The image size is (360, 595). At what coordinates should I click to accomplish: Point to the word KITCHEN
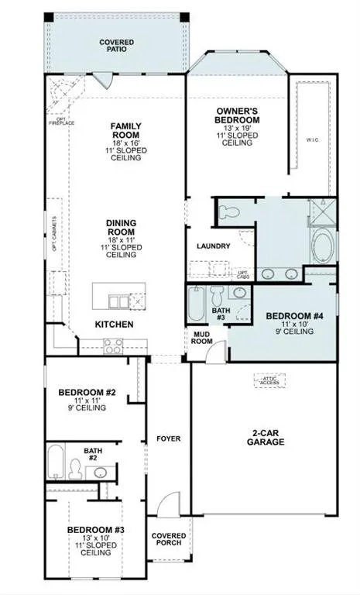(x=114, y=324)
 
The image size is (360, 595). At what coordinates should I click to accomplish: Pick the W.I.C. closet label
(x=313, y=140)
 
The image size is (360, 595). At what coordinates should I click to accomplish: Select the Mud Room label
(x=203, y=338)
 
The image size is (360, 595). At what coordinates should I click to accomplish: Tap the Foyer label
(x=168, y=439)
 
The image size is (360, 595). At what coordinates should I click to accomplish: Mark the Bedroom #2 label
(x=87, y=393)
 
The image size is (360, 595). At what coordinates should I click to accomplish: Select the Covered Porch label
(x=169, y=539)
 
